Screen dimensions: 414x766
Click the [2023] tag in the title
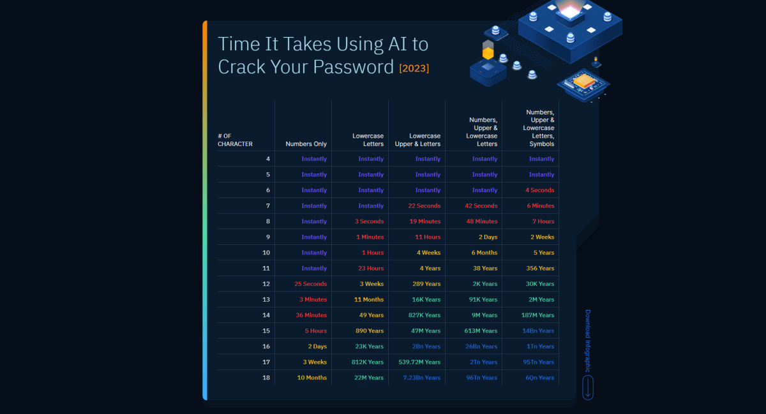(414, 68)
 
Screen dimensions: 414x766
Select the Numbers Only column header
(306, 144)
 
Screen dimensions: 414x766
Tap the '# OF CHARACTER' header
(235, 140)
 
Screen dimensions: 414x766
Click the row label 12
(266, 284)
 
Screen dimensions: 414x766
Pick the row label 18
(266, 378)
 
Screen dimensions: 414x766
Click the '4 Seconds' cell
(539, 190)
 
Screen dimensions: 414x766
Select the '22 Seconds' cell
(424, 206)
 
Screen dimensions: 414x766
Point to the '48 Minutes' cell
(481, 221)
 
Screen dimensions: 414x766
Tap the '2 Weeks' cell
(542, 237)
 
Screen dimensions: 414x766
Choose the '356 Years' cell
(540, 269)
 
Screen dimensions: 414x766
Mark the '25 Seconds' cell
(310, 284)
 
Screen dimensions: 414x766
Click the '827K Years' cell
(424, 315)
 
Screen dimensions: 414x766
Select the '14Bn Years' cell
(538, 331)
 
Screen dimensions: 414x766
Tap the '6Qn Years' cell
(539, 378)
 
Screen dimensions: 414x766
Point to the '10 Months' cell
(312, 378)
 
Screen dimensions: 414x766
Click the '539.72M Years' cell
(419, 362)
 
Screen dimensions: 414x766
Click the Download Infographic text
(588, 341)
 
